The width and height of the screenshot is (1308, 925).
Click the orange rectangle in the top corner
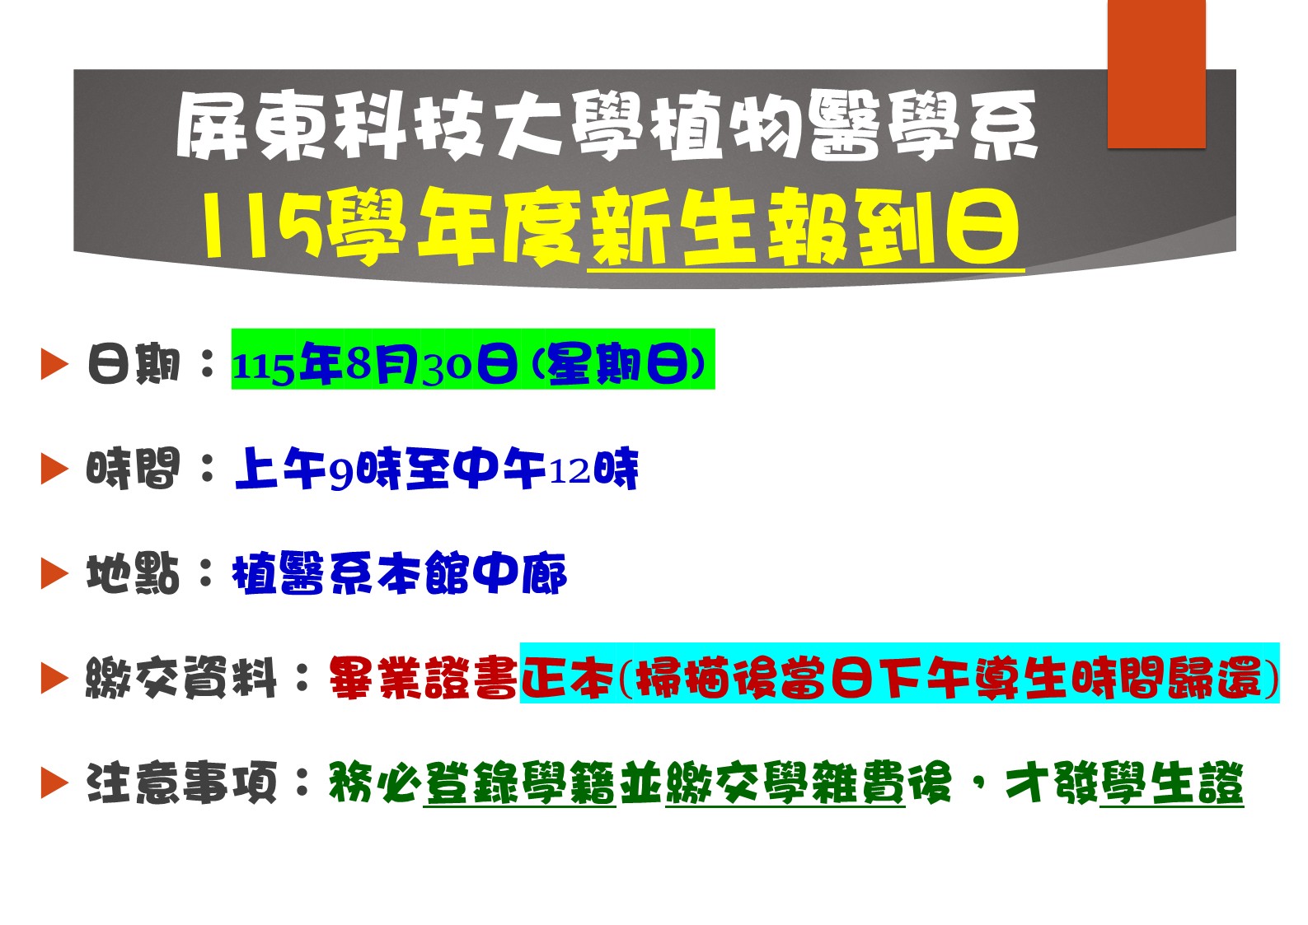pyautogui.click(x=1157, y=74)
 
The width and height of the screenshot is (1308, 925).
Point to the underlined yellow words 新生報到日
pyautogui.click(x=806, y=227)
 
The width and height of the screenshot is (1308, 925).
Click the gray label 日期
pyautogui.click(x=134, y=363)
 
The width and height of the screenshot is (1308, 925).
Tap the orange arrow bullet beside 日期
pyautogui.click(x=55, y=363)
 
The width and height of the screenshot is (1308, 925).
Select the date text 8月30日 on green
pyautogui.click(x=432, y=364)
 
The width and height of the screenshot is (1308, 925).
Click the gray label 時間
pyautogui.click(x=134, y=468)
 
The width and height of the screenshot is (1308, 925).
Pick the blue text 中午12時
pyautogui.click(x=546, y=468)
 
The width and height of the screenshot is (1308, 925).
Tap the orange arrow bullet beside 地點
pyautogui.click(x=55, y=573)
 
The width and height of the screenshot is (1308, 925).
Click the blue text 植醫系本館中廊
pyautogui.click(x=400, y=573)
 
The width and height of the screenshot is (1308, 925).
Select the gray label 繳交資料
pyautogui.click(x=181, y=678)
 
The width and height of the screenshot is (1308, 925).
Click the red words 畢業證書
pyautogui.click(x=423, y=678)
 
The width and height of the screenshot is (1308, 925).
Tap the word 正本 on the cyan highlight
pyautogui.click(x=567, y=678)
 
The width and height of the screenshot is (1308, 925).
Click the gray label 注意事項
pyautogui.click(x=181, y=783)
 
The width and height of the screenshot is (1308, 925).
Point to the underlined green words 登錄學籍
pyautogui.click(x=520, y=783)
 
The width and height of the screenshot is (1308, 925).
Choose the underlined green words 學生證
pyautogui.click(x=1171, y=783)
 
